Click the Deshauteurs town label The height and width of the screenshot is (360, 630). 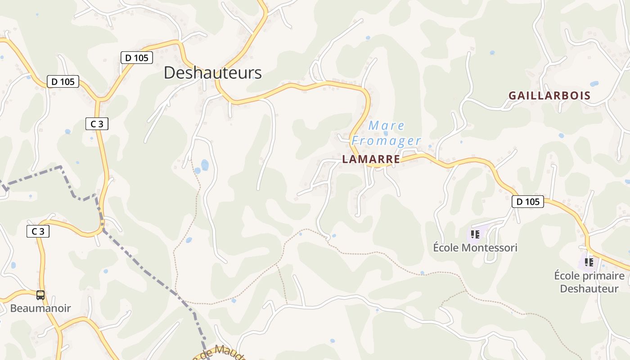coord(212,73)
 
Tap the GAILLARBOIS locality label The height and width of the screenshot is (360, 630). coord(549,95)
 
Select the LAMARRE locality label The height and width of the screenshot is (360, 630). coord(371,159)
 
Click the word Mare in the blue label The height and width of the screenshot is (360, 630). coord(387,126)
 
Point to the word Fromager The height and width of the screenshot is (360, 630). coord(386,141)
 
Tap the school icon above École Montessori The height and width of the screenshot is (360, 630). coord(475,234)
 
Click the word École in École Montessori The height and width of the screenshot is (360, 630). coord(445,247)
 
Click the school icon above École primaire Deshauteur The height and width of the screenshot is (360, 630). coord(589,262)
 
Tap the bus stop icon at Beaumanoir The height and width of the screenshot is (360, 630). coord(40,295)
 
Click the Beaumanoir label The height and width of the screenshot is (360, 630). coord(40,308)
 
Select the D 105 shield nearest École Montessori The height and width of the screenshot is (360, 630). coord(527,202)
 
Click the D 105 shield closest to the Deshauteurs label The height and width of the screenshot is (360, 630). coord(137,58)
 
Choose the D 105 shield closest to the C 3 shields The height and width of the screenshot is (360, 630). coord(63,81)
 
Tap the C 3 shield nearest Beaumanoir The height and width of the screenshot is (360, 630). coord(38,231)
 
